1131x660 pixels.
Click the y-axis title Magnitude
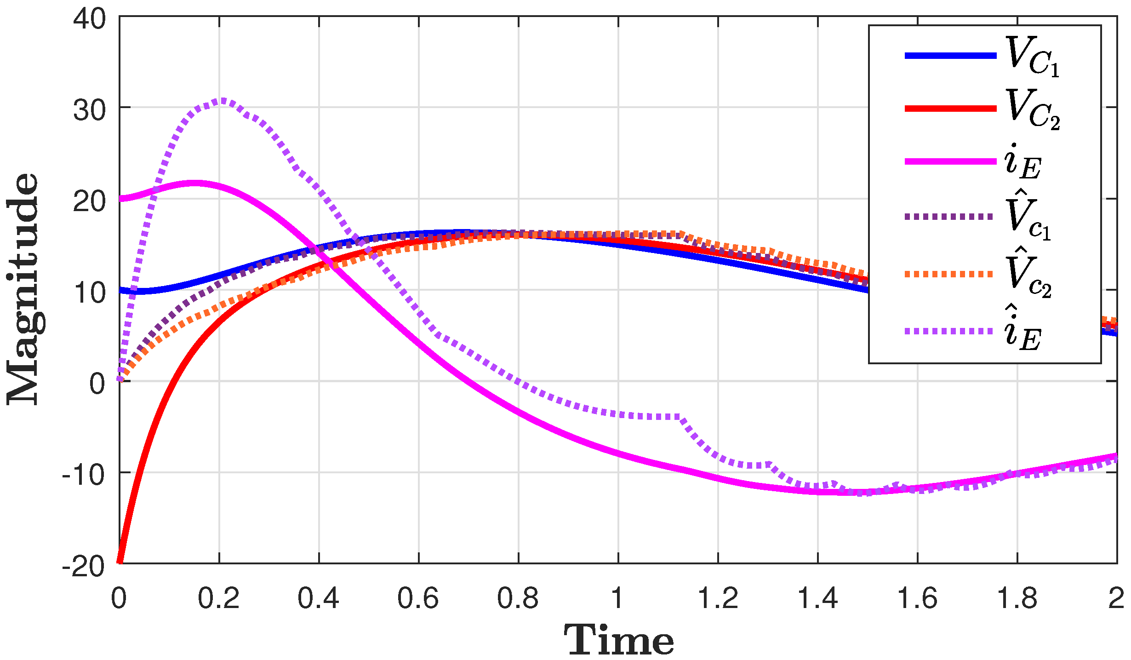coord(24,290)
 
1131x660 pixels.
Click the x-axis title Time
coord(618,640)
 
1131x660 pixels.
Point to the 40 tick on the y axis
coord(89,19)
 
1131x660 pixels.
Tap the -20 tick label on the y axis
coord(84,567)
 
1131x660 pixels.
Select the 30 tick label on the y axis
coord(89,110)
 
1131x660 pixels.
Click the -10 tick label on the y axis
coord(84,475)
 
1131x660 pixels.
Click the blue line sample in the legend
coord(950,56)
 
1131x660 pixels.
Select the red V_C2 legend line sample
coord(950,109)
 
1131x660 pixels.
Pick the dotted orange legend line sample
coord(950,274)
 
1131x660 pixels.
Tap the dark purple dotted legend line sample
coord(950,216)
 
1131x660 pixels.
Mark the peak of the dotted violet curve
coord(223,100)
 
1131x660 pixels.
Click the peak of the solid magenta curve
coord(195,183)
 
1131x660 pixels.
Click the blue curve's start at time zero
coord(121,290)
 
